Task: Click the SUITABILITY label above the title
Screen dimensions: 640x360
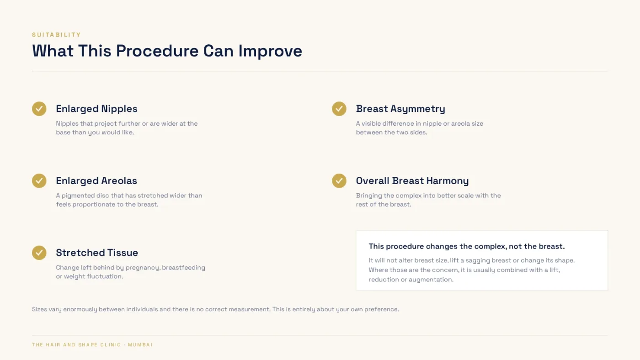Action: (56, 35)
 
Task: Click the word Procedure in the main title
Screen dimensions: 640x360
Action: (157, 51)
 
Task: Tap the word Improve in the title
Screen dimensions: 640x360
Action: (270, 51)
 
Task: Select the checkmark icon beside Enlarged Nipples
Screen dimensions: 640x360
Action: (39, 109)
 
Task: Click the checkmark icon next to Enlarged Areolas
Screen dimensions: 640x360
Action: (39, 181)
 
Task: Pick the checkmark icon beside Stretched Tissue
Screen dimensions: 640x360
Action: (39, 253)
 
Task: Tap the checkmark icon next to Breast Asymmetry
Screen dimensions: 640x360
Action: (339, 109)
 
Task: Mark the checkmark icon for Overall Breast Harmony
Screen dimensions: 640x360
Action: (339, 181)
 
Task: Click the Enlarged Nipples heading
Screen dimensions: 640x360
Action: (96, 109)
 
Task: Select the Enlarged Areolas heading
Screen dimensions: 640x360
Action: (96, 181)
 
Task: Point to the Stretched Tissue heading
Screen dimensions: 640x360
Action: (97, 253)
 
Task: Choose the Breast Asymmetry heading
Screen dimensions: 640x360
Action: (400, 109)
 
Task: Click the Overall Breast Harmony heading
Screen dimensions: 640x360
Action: (412, 181)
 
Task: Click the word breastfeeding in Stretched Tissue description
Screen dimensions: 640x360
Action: (183, 268)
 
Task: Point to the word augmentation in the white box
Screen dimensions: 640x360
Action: (431, 280)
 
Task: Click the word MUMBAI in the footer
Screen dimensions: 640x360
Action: (140, 345)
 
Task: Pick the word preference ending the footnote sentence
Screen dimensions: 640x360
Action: (382, 309)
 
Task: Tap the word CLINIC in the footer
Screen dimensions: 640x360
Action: (111, 345)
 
